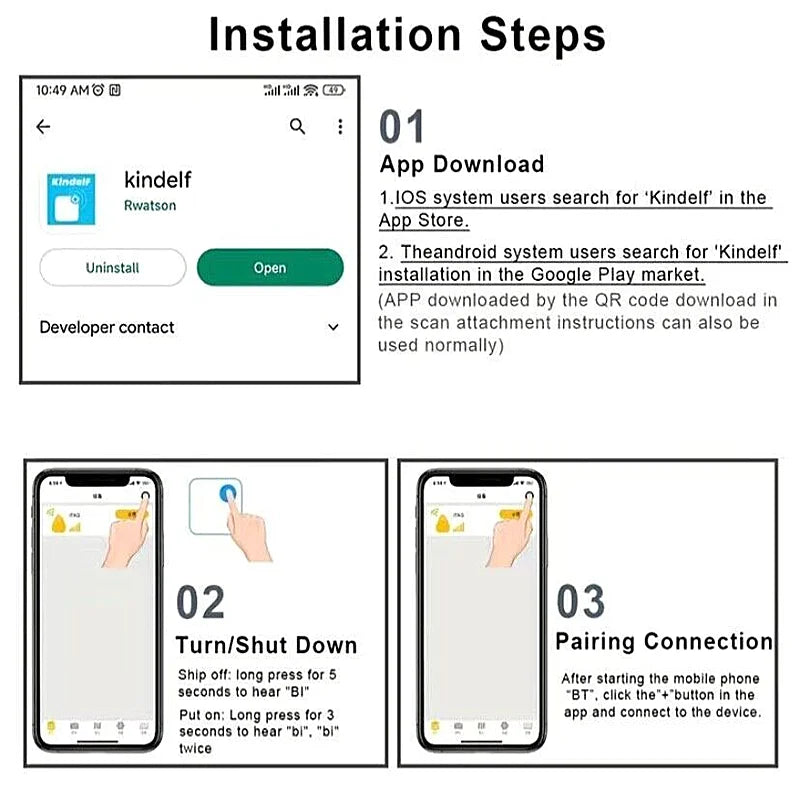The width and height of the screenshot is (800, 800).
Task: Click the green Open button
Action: pyautogui.click(x=270, y=268)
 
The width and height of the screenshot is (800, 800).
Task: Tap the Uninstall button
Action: pyautogui.click(x=112, y=268)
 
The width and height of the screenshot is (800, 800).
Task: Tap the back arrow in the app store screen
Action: pyautogui.click(x=43, y=127)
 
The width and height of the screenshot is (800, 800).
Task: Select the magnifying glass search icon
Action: pyautogui.click(x=297, y=126)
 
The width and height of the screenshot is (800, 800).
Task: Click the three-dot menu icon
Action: pyautogui.click(x=340, y=126)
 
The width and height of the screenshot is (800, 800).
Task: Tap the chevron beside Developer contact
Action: pyautogui.click(x=333, y=328)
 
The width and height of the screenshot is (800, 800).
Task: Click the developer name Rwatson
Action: pyautogui.click(x=150, y=205)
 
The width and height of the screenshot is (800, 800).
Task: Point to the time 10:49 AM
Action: pyautogui.click(x=61, y=90)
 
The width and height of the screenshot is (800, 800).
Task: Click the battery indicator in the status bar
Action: pyautogui.click(x=334, y=90)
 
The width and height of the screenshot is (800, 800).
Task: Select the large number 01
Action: pyautogui.click(x=402, y=128)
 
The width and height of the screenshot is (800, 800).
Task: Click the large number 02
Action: pyautogui.click(x=201, y=603)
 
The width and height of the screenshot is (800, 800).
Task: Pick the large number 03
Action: pyautogui.click(x=581, y=603)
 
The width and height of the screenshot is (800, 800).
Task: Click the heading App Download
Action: pyautogui.click(x=462, y=165)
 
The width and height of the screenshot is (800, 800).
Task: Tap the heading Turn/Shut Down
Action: pyautogui.click(x=266, y=645)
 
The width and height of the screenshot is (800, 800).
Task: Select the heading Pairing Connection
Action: pyautogui.click(x=664, y=642)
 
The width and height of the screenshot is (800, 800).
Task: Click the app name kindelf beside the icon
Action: pyautogui.click(x=157, y=180)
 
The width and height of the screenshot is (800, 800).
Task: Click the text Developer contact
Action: pyautogui.click(x=107, y=328)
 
